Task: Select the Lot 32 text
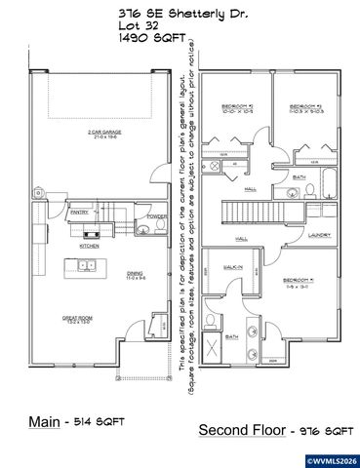140,25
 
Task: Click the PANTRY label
80,211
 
